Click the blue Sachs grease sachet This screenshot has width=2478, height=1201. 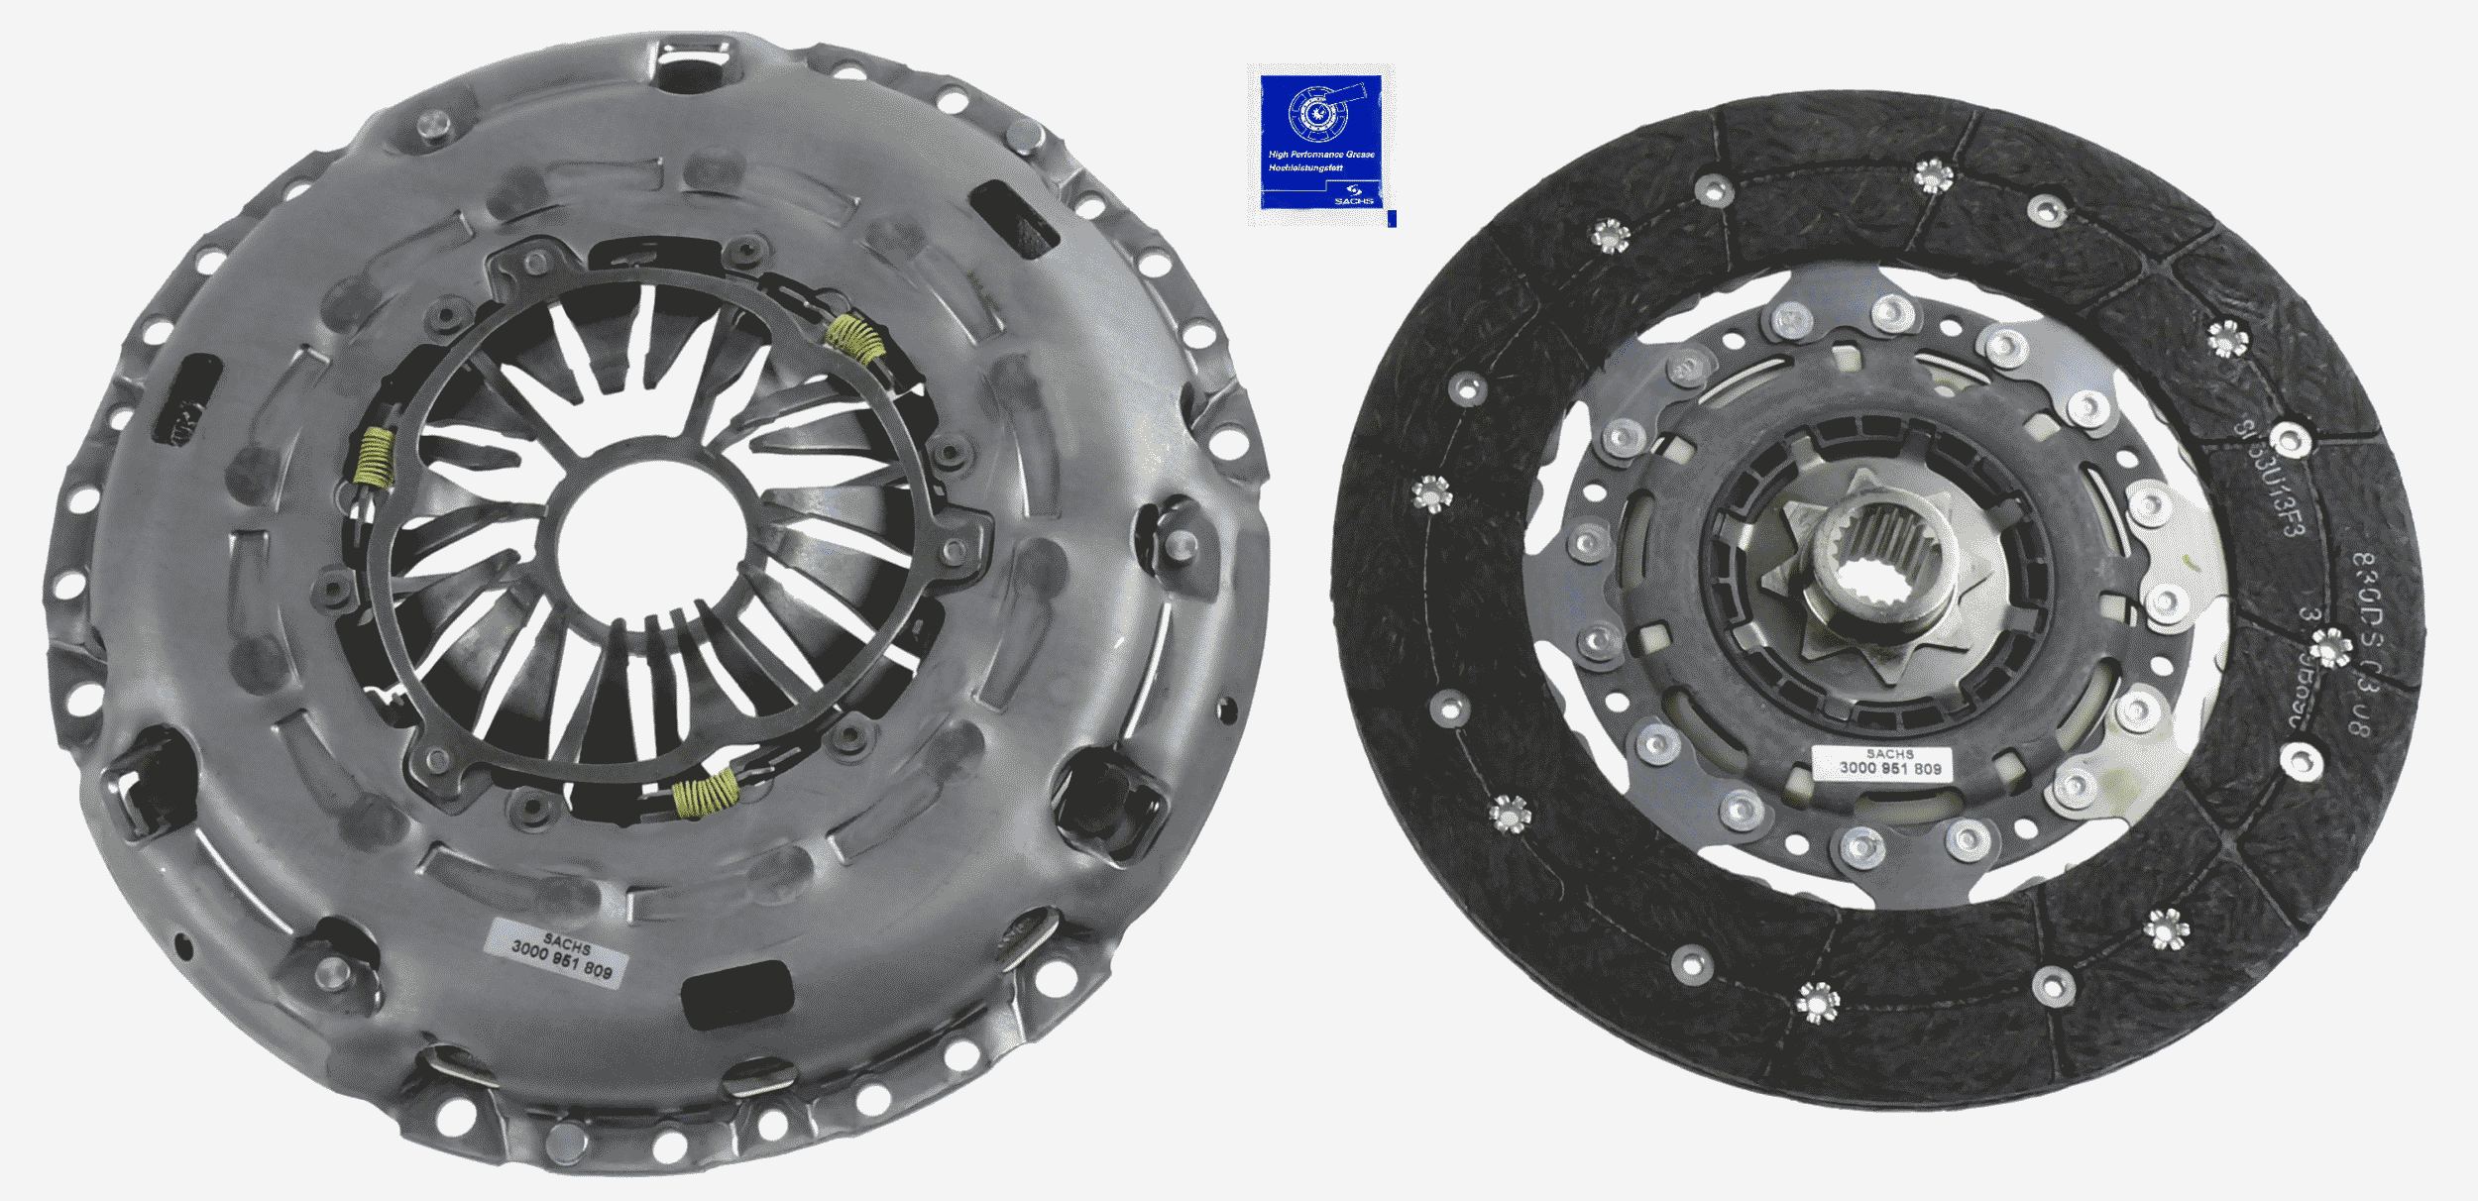(x=1321, y=147)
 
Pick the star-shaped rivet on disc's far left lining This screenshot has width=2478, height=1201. (x=1430, y=493)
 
